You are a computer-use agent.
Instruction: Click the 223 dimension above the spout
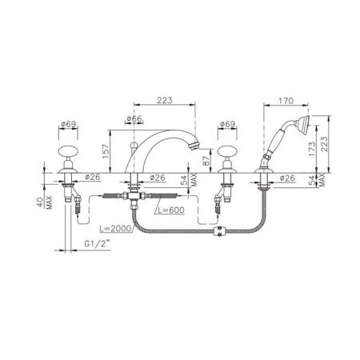(x=165, y=100)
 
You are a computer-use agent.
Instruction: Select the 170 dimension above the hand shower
(x=286, y=101)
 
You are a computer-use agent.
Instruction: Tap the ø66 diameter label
(x=134, y=118)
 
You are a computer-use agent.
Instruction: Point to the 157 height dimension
(x=106, y=151)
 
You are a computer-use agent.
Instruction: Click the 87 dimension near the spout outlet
(x=206, y=161)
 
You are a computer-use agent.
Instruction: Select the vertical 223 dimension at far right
(x=324, y=144)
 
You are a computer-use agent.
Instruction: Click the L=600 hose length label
(x=170, y=210)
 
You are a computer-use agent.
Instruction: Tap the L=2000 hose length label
(x=115, y=228)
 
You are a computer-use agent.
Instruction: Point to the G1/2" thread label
(x=97, y=244)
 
